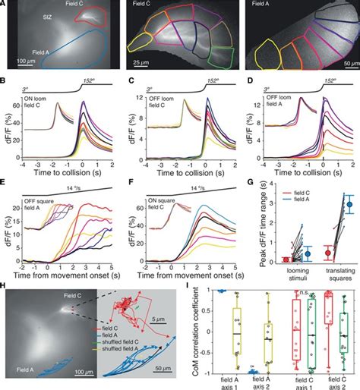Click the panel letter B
5,79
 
